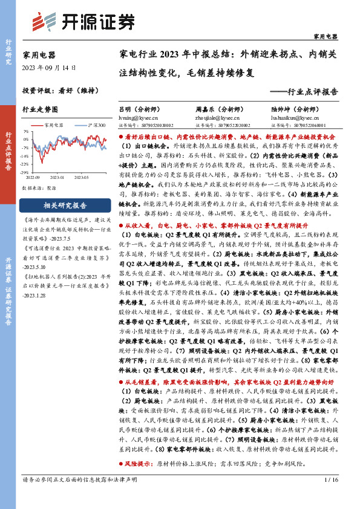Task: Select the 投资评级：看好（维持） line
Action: pos(57,91)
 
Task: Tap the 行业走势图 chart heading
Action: pos(40,109)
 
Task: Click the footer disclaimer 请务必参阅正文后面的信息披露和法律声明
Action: pos(76,496)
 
